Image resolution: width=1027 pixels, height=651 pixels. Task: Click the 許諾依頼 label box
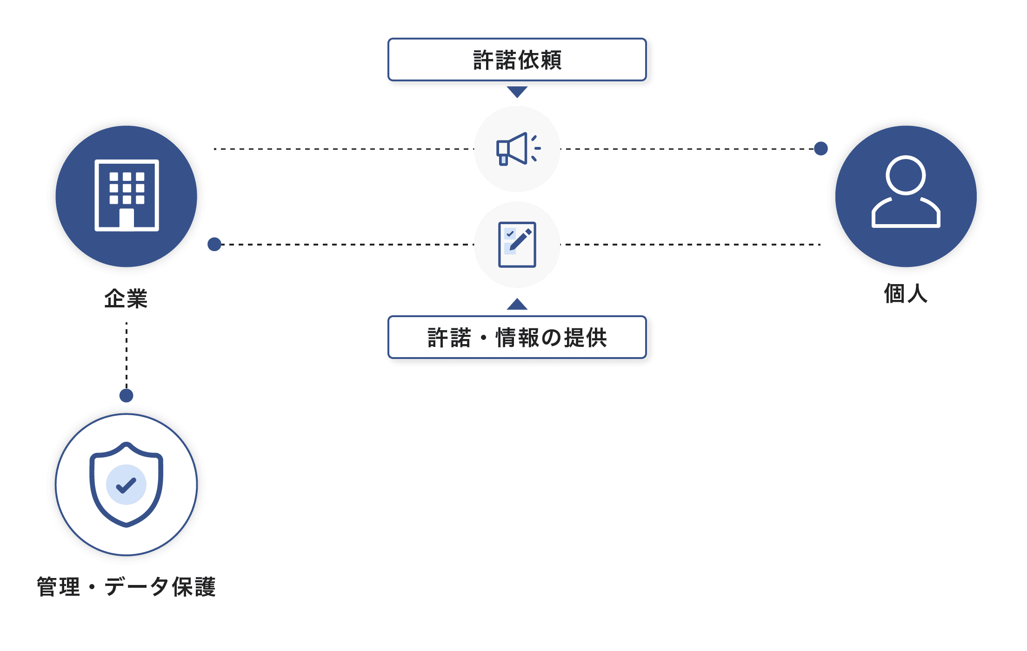517,60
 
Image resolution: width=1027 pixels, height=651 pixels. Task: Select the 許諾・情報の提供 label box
517,337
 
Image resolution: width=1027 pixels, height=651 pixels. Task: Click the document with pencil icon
517,245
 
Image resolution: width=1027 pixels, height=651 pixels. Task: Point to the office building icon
127,195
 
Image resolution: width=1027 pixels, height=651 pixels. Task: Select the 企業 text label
126,299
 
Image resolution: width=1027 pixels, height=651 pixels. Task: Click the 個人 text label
906,293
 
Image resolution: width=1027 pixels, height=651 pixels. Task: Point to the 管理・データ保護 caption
126,586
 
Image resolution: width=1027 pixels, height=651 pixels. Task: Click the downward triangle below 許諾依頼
517,92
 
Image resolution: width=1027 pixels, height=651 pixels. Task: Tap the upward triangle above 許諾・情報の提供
517,304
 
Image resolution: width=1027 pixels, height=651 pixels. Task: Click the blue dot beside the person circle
821,149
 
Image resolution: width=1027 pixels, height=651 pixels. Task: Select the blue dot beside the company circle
214,244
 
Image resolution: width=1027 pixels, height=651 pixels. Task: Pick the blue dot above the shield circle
127,396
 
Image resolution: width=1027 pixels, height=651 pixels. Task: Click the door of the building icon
127,219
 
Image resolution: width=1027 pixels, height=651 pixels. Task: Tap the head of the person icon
906,175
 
